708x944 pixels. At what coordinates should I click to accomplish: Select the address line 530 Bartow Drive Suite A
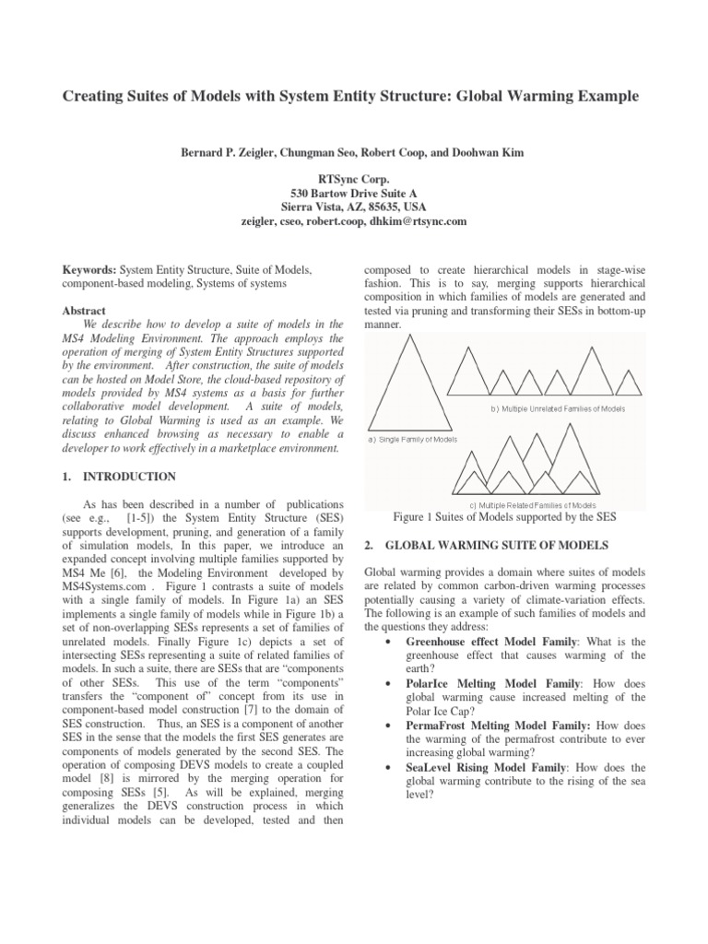click(354, 195)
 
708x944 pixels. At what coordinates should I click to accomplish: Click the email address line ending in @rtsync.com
click(354, 222)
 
